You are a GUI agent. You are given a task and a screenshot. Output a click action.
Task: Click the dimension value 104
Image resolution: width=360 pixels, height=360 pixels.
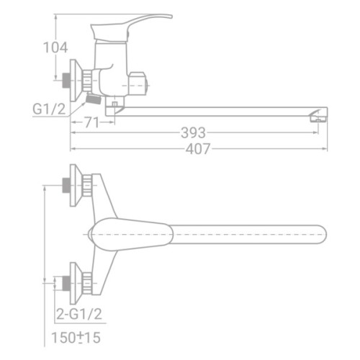[x=56, y=48]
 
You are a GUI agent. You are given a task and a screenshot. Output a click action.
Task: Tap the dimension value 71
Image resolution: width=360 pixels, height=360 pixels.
[x=91, y=122]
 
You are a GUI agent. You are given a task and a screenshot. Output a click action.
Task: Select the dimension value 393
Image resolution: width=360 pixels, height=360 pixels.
[x=192, y=133]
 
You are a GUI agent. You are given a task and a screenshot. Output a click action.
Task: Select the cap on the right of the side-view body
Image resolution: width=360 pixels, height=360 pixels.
[x=138, y=84]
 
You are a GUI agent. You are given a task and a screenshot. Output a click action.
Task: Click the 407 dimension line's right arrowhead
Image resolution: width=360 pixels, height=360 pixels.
[x=326, y=149]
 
